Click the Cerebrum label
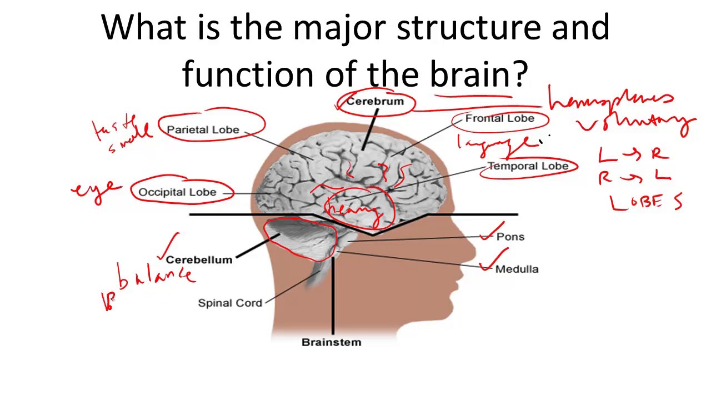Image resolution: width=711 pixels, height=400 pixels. [x=375, y=102]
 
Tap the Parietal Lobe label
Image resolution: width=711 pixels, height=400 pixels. [x=203, y=129]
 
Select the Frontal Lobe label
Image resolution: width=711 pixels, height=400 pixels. [x=499, y=118]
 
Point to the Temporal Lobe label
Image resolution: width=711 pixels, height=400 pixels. [x=528, y=166]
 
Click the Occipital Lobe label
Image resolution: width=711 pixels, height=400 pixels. [x=177, y=192]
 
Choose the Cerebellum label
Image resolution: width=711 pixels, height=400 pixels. [x=199, y=259]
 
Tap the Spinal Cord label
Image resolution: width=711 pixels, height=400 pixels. [x=230, y=303]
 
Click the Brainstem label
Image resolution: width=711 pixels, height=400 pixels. [x=331, y=342]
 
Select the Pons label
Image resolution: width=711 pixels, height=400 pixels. [x=510, y=237]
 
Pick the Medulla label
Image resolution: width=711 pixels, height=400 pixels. [x=517, y=269]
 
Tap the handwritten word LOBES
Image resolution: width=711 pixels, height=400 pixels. [x=646, y=202]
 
